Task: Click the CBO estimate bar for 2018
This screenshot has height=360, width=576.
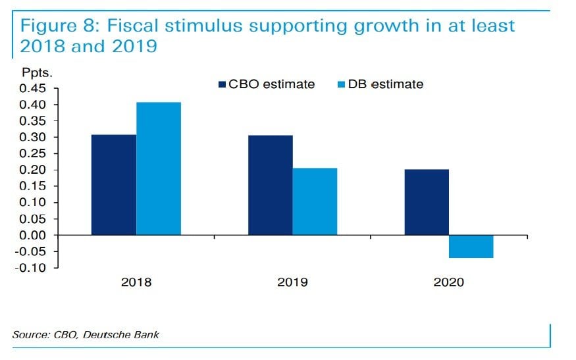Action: pyautogui.click(x=114, y=185)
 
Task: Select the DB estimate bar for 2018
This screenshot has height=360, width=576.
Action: pyautogui.click(x=159, y=168)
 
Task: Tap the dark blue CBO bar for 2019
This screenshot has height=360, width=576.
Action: pyautogui.click(x=271, y=185)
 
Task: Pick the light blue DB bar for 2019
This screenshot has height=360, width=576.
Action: pyautogui.click(x=315, y=201)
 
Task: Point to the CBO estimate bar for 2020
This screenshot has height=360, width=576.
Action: pyautogui.click(x=427, y=202)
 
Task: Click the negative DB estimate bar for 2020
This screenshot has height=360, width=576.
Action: pyautogui.click(x=471, y=246)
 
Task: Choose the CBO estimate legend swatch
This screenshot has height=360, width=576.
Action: pyautogui.click(x=222, y=84)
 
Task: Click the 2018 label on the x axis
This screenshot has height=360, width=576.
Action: pyautogui.click(x=136, y=282)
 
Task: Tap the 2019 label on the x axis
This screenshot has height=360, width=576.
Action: pyautogui.click(x=292, y=282)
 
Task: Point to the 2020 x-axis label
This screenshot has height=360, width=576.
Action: pyautogui.click(x=449, y=282)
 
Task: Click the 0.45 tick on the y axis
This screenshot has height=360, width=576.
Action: pyautogui.click(x=32, y=89)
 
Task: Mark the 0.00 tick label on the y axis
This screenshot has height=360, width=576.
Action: pyautogui.click(x=32, y=235)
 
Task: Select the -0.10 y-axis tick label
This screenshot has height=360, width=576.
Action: pyautogui.click(x=31, y=267)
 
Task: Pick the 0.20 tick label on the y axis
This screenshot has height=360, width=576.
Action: pyautogui.click(x=32, y=170)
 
